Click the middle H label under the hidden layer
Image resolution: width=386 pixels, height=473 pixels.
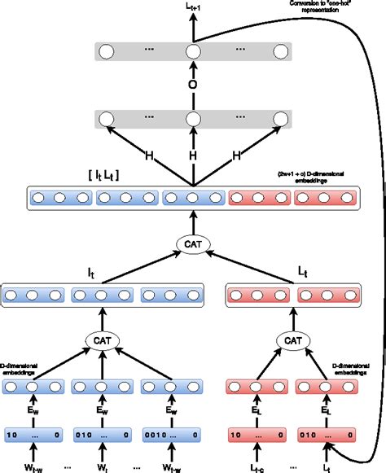(x=193, y=155)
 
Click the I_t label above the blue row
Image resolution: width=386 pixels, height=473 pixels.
(x=99, y=273)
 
